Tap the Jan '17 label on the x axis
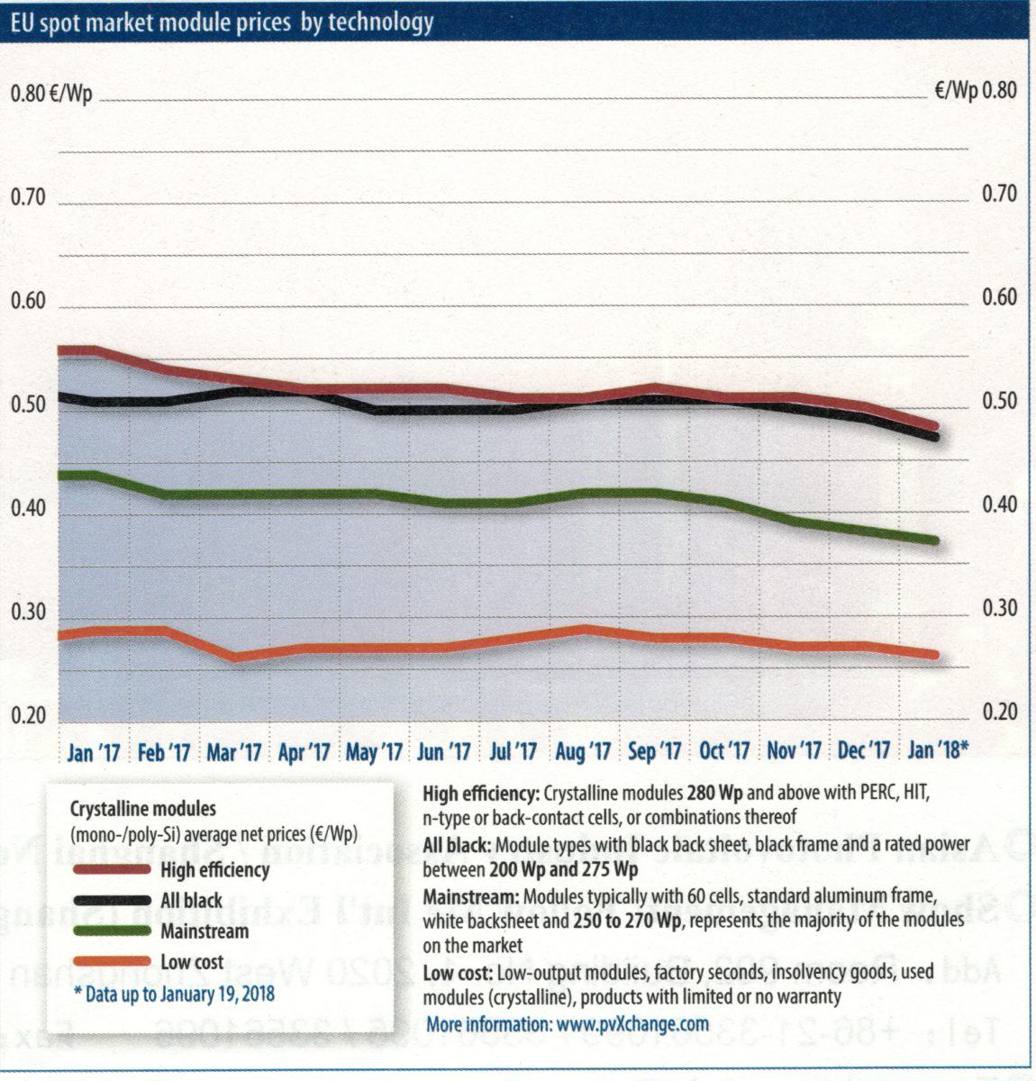pyautogui.click(x=94, y=751)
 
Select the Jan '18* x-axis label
pyautogui.click(x=937, y=749)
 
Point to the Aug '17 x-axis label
pyautogui.click(x=584, y=751)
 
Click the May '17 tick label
pyautogui.click(x=374, y=751)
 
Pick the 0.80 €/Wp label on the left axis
pyautogui.click(x=51, y=94)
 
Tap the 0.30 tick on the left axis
pyautogui.click(x=28, y=613)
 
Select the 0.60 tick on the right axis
pyautogui.click(x=999, y=297)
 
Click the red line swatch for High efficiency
pyautogui.click(x=112, y=869)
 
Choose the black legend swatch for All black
pyautogui.click(x=112, y=900)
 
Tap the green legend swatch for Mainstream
pyautogui.click(x=112, y=931)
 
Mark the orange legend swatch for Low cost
pyautogui.click(x=112, y=961)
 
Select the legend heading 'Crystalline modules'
pyautogui.click(x=142, y=809)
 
